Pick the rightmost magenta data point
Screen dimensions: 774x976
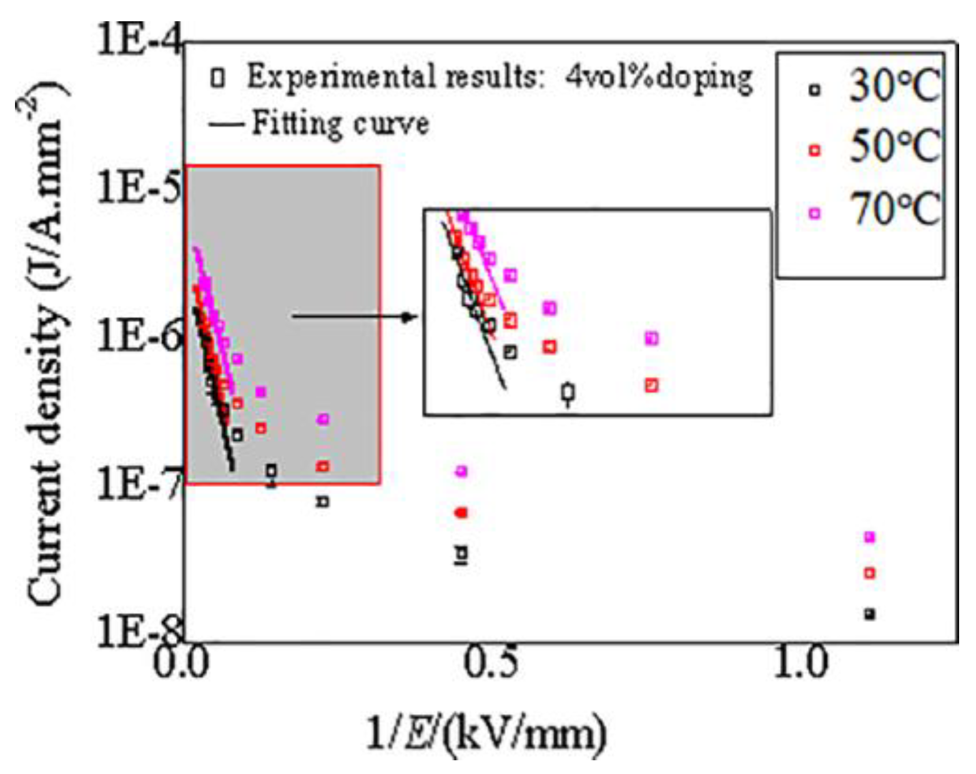(x=869, y=537)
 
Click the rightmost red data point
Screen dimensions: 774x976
(x=869, y=573)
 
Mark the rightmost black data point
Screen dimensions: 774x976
(x=869, y=614)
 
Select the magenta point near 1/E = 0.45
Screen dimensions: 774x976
(x=461, y=471)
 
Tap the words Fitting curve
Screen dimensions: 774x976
(x=340, y=124)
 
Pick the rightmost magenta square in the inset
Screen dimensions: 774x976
(x=651, y=338)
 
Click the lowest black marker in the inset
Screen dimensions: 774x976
(x=568, y=393)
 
